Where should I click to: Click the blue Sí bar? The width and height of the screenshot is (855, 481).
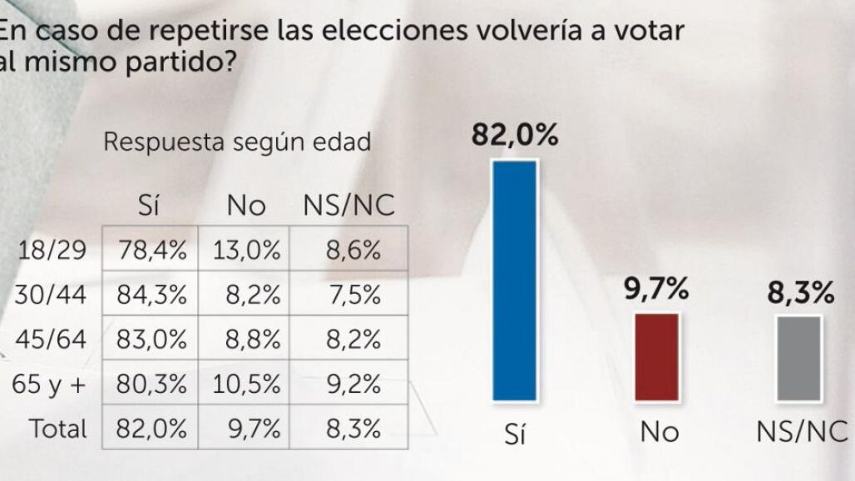point(514,280)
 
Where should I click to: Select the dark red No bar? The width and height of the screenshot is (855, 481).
point(657,357)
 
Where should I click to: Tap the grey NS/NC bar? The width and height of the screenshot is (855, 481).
point(798,359)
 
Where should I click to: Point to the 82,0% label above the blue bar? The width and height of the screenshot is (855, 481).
point(515,135)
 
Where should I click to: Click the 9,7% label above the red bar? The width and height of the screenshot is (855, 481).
point(656,289)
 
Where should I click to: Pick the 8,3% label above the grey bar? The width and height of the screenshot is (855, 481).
point(800,292)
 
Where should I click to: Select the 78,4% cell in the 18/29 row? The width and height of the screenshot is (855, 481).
point(152,250)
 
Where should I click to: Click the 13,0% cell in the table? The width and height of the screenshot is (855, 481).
point(246,250)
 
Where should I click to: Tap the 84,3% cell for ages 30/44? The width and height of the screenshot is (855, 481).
point(152,295)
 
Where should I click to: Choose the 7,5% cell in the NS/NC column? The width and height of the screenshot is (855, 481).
point(354,295)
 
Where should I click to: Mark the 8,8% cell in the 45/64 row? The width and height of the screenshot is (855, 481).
point(253,340)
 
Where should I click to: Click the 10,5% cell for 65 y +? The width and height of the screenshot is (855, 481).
point(246,384)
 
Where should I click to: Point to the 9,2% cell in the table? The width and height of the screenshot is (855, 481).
point(353,384)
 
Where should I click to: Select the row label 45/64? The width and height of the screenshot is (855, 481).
point(52,340)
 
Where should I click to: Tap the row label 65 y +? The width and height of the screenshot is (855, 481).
point(49,384)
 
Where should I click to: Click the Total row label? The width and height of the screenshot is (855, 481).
point(57,429)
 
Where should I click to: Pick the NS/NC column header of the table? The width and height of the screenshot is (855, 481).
point(348,206)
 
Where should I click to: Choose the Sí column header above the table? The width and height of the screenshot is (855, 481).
point(148,205)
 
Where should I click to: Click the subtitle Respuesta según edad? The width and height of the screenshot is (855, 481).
point(237,141)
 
